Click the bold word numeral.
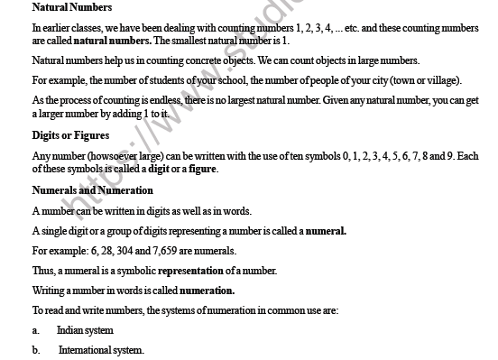(326, 230)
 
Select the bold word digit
(159, 169)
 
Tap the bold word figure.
(202, 169)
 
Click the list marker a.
(35, 330)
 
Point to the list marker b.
(35, 350)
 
